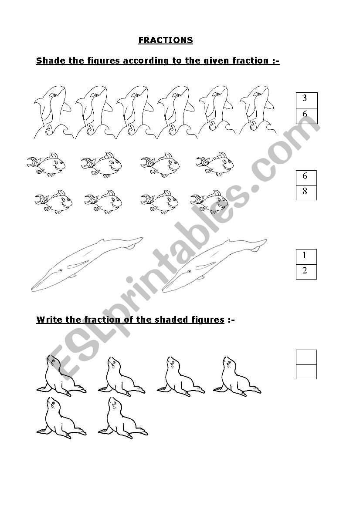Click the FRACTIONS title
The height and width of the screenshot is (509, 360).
165,40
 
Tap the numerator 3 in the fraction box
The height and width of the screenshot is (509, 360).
305,98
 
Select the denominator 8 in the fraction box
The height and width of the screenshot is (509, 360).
305,191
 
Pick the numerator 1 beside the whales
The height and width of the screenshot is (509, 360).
305,256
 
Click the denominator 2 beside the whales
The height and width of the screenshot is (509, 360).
305,270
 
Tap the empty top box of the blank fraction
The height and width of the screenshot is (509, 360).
306,357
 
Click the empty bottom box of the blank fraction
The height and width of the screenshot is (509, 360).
306,372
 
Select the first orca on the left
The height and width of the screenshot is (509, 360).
52,112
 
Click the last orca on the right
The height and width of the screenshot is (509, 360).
258,110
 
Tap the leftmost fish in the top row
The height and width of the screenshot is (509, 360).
46,164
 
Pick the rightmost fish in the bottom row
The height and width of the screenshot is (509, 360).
209,202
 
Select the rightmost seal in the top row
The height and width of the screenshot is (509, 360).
237,377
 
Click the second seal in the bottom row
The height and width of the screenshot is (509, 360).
123,418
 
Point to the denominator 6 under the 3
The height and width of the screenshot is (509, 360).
305,114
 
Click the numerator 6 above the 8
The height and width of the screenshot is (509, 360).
305,176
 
